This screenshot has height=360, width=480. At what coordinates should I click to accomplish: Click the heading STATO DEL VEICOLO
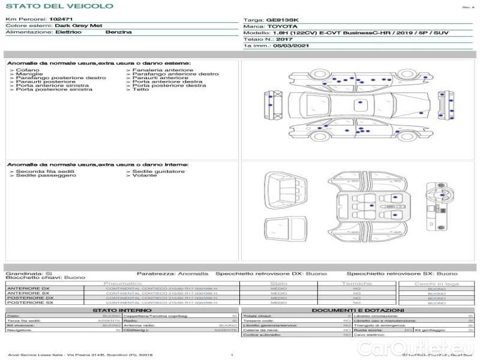(59, 6)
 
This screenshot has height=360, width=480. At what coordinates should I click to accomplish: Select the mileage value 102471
(61, 20)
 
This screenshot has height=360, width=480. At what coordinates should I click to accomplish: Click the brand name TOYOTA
(281, 26)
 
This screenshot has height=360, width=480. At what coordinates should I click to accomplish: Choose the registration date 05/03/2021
(292, 45)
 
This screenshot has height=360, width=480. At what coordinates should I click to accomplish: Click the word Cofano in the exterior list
(28, 70)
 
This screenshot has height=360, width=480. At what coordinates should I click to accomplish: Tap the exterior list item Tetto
(140, 89)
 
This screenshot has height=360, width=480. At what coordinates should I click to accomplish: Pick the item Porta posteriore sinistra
(54, 89)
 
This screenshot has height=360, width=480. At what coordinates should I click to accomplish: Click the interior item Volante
(145, 175)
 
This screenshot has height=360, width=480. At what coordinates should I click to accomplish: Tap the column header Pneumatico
(123, 283)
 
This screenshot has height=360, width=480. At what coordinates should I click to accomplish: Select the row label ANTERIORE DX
(28, 289)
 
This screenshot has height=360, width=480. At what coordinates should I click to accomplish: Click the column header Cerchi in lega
(436, 283)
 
